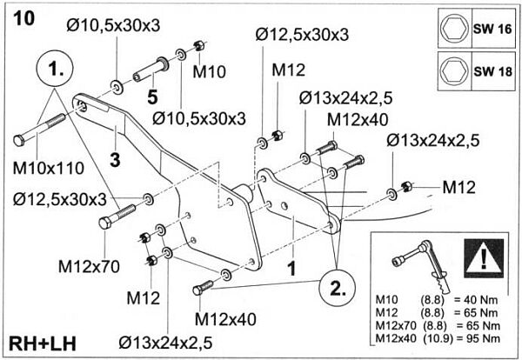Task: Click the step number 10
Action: point(24,19)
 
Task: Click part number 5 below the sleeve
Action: point(151,97)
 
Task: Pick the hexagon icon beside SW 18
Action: point(452,69)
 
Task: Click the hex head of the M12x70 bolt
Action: point(106,223)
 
